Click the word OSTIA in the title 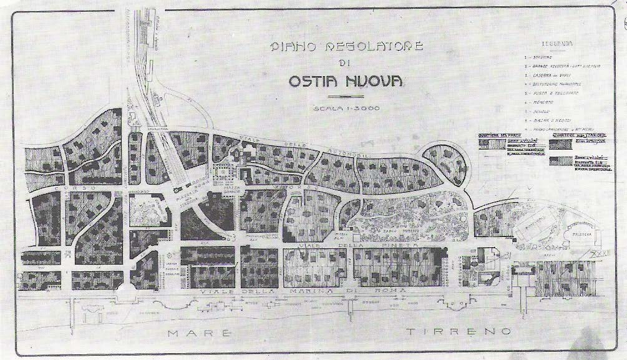pos(312,81)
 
